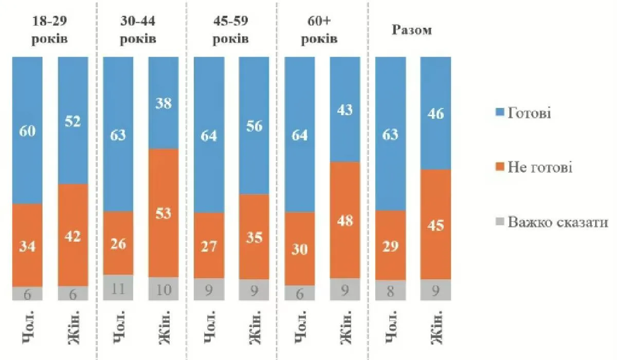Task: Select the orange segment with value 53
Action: pyautogui.click(x=164, y=213)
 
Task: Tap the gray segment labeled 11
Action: pyautogui.click(x=118, y=287)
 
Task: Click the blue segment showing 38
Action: pyautogui.click(x=164, y=103)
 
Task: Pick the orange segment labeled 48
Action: pyautogui.click(x=345, y=220)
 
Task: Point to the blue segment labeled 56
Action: pyautogui.click(x=254, y=125)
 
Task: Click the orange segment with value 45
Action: pyautogui.click(x=435, y=224)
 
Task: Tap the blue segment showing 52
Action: pyautogui.click(x=72, y=120)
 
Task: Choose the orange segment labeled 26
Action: pyautogui.click(x=118, y=243)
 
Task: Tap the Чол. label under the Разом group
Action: pyautogui.click(x=390, y=327)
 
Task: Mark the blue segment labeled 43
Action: pyautogui.click(x=345, y=109)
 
